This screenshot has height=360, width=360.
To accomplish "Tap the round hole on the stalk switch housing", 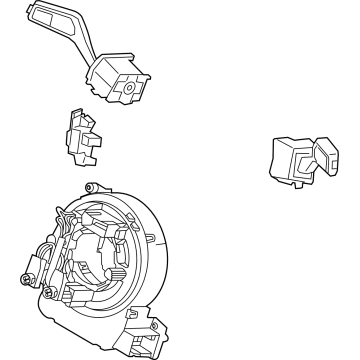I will click(x=129, y=87).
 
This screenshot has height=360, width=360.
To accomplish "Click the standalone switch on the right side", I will click(x=297, y=160).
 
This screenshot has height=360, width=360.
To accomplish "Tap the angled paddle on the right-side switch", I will click(x=327, y=158).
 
